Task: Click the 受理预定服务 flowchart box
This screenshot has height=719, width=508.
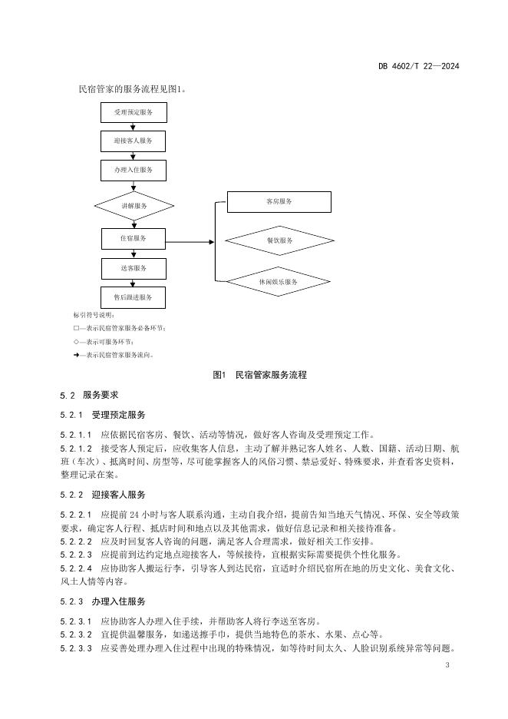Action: point(134,112)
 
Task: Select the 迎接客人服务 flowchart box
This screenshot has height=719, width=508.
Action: point(134,141)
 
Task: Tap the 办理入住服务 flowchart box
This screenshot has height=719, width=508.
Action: point(134,171)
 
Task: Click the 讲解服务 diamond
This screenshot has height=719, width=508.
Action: point(134,206)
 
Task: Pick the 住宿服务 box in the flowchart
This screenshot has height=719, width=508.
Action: point(134,239)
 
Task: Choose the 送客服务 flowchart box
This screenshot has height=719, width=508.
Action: point(134,268)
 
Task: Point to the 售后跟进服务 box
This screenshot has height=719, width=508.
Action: point(134,297)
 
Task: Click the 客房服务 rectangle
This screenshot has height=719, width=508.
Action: point(279,201)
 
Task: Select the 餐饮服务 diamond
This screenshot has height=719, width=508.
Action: point(279,240)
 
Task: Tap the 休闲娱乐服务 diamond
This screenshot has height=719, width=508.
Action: point(279,282)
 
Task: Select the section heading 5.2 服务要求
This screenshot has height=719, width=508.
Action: point(89,395)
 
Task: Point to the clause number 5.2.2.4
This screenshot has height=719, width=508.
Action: point(76,568)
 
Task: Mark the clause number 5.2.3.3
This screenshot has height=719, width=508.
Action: point(76,648)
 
